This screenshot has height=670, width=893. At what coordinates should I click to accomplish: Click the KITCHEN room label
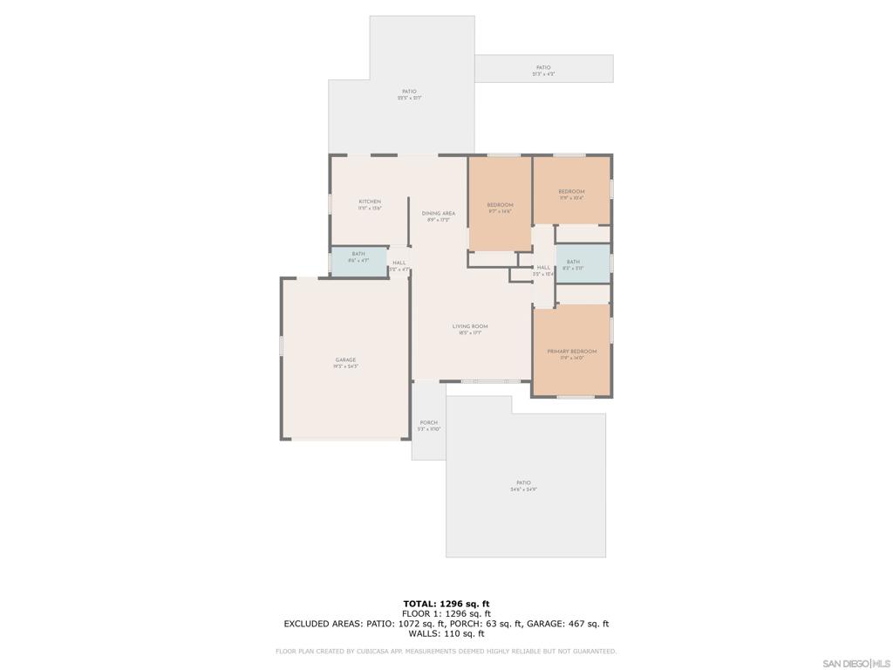click(370, 202)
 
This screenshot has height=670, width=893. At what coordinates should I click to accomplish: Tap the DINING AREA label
click(438, 214)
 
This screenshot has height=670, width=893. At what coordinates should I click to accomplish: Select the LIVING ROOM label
click(470, 327)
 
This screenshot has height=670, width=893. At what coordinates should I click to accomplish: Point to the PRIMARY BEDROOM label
click(571, 352)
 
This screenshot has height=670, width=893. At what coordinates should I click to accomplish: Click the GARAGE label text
click(345, 360)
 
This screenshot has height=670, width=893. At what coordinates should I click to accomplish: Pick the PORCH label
click(428, 423)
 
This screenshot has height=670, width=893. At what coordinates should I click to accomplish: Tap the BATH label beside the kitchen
click(358, 254)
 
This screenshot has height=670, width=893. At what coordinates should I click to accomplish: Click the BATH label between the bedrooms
click(573, 262)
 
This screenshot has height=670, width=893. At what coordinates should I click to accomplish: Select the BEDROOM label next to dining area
click(500, 205)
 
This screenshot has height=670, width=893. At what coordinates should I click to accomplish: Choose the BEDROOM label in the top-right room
click(571, 192)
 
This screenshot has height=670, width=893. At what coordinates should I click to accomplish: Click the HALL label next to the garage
click(399, 263)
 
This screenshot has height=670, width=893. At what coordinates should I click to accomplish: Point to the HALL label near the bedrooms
click(543, 268)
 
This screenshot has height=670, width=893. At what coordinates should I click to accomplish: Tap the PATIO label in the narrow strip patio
click(543, 67)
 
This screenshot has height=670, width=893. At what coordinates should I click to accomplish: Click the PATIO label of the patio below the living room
click(523, 483)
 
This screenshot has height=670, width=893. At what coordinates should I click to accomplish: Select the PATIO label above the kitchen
click(409, 92)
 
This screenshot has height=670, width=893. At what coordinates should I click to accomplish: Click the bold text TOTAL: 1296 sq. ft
click(446, 604)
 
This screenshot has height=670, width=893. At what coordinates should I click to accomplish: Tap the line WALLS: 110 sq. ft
click(446, 633)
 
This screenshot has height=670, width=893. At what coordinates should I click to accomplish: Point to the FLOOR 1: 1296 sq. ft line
click(446, 613)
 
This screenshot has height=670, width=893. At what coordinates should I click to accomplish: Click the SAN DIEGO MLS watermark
click(856, 664)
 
